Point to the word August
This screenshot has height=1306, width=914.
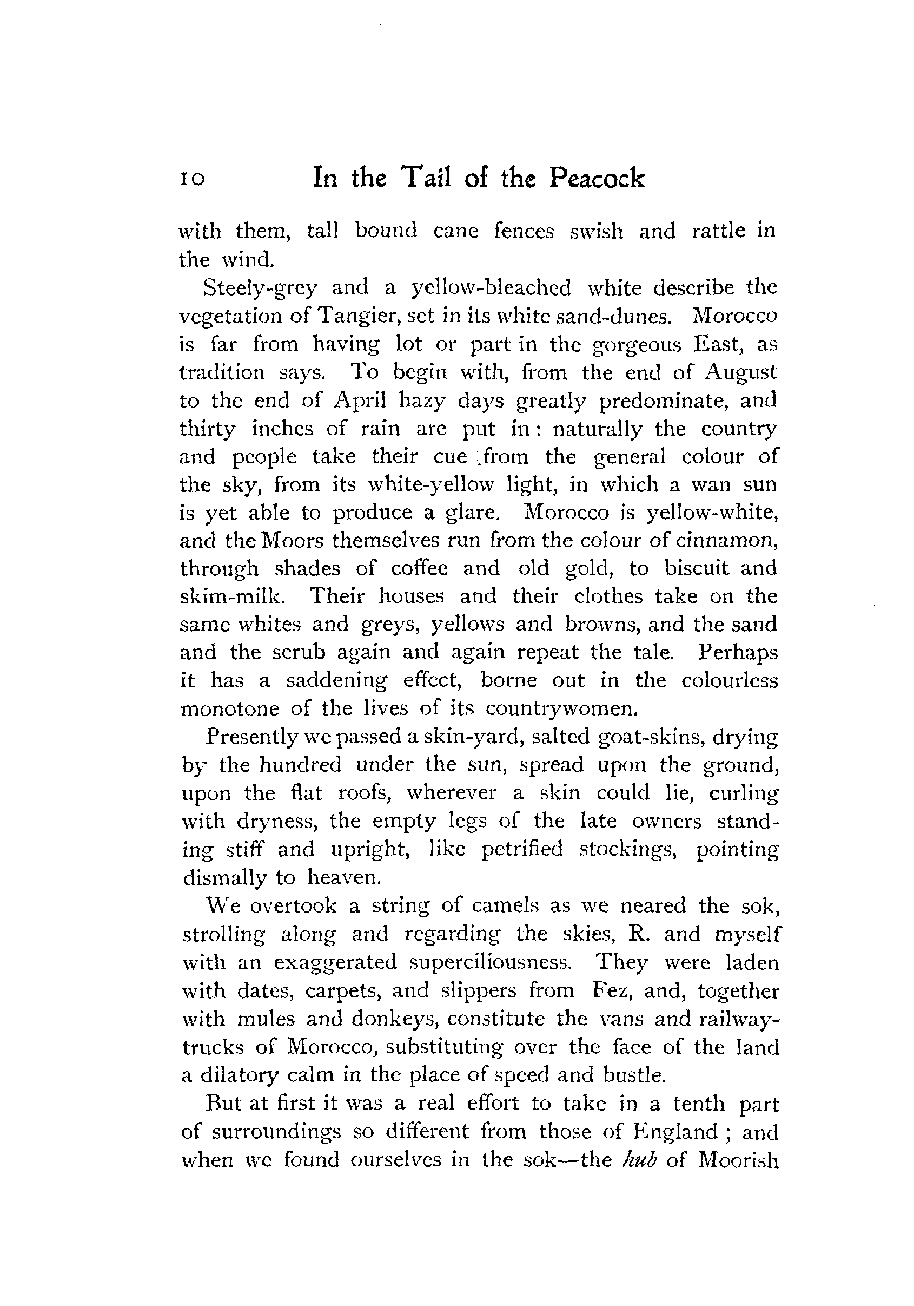(741, 372)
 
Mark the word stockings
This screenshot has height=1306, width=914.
(629, 849)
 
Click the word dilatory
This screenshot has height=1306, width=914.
(240, 1075)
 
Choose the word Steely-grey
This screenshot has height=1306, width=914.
(260, 288)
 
